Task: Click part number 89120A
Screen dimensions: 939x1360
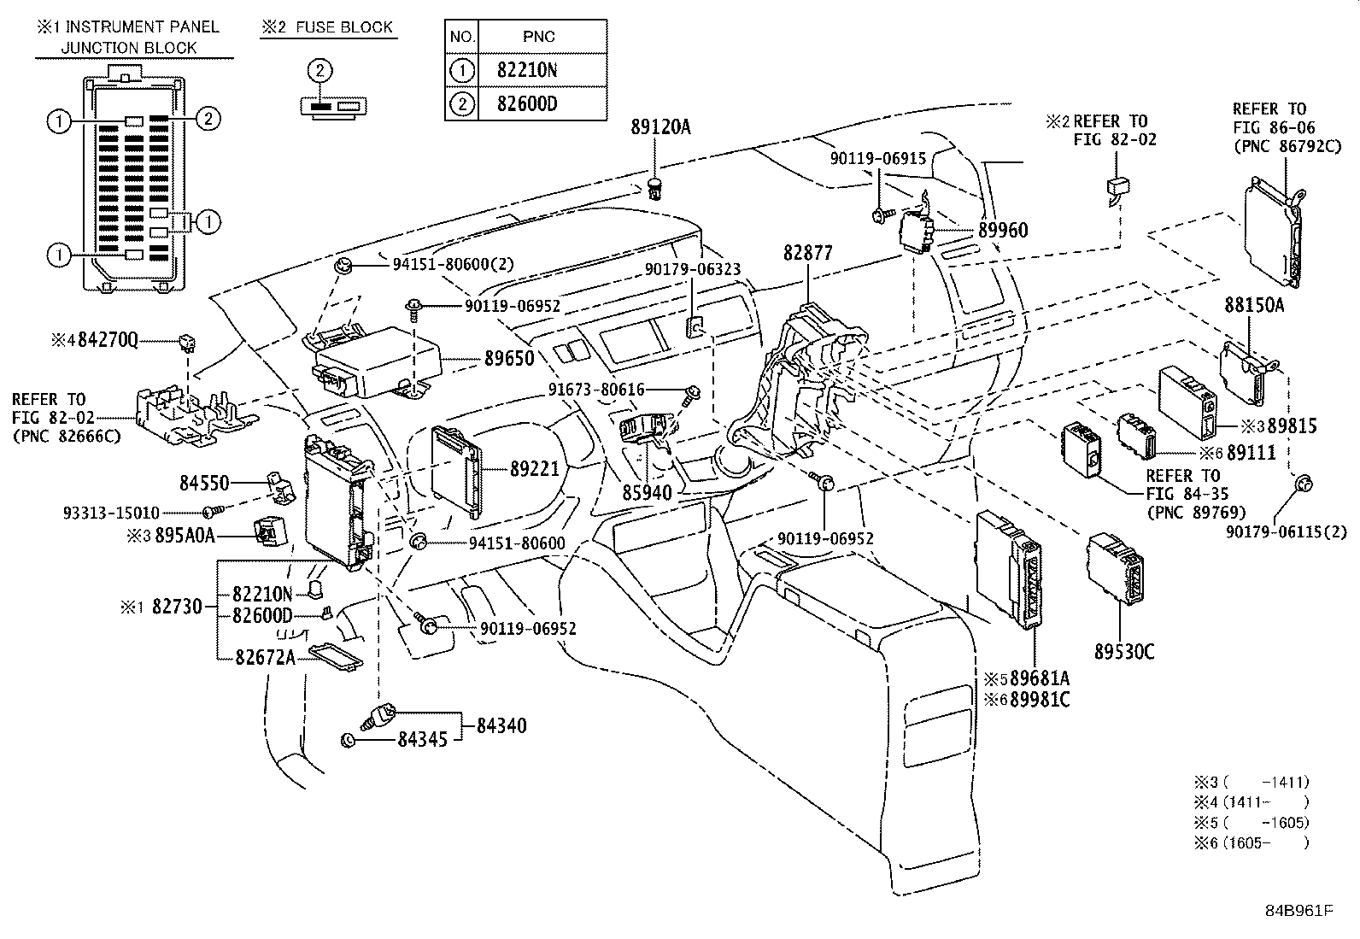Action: click(x=660, y=128)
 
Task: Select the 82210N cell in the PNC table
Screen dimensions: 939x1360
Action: click(x=526, y=70)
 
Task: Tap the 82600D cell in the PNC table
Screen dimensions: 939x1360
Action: click(x=526, y=105)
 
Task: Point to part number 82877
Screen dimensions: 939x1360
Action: click(x=807, y=254)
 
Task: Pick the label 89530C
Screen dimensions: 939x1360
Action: click(x=1124, y=652)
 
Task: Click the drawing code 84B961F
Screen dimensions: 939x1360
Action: click(x=1299, y=910)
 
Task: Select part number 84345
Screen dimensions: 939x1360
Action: click(x=422, y=739)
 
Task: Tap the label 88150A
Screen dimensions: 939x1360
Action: click(x=1254, y=304)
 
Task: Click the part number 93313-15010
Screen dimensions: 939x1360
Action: click(x=111, y=513)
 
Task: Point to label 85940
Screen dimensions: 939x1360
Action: click(x=647, y=493)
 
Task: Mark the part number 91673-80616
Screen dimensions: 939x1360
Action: click(x=596, y=390)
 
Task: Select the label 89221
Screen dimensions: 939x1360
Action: click(x=534, y=468)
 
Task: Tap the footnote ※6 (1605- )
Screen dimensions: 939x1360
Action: click(x=1252, y=842)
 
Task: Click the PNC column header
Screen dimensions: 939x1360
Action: click(x=538, y=36)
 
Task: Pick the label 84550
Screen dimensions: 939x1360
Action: click(x=204, y=483)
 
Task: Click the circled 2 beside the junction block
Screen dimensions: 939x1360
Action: click(x=208, y=119)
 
